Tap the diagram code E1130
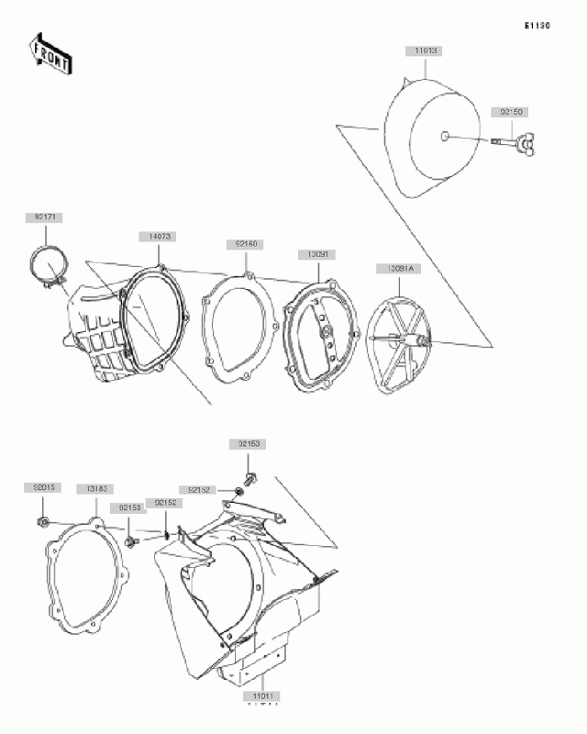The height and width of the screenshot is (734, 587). (x=537, y=26)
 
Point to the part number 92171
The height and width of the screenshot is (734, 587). (x=42, y=218)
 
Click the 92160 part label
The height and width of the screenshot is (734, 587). (x=245, y=245)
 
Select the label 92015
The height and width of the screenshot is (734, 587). (x=42, y=489)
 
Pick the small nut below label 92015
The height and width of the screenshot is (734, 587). (x=43, y=522)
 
